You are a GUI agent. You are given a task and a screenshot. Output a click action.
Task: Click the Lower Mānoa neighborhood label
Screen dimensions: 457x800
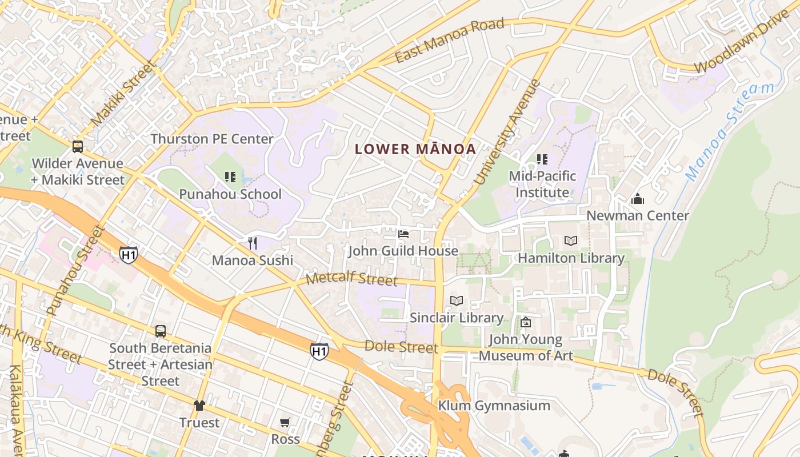(415, 150)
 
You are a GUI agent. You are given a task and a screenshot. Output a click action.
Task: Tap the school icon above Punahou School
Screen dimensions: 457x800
(230, 177)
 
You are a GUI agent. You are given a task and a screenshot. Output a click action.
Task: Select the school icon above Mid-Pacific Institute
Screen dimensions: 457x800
(542, 159)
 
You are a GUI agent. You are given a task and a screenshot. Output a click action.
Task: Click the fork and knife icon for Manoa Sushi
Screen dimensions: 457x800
(252, 243)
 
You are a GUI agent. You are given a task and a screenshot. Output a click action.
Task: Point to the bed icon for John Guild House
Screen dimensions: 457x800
(403, 234)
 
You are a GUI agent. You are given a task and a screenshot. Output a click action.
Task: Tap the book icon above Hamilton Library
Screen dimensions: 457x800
(571, 241)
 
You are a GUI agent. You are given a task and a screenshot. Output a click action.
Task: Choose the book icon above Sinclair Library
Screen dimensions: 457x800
(456, 300)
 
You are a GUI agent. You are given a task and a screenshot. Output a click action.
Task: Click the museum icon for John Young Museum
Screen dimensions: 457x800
(525, 322)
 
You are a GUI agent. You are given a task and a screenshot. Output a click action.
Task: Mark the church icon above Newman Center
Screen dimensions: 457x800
(637, 199)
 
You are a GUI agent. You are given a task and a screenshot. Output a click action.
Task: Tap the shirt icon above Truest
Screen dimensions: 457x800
(199, 406)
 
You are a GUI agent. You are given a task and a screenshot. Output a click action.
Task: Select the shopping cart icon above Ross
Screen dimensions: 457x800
(285, 422)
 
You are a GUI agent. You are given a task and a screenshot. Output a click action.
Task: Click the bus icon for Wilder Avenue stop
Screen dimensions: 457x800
(78, 146)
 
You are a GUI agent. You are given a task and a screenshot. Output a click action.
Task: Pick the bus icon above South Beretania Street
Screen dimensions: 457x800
(161, 331)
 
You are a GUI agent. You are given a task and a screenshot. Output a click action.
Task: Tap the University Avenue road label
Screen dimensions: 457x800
(507, 133)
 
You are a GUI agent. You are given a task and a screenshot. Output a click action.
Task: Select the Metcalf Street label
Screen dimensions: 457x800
(351, 279)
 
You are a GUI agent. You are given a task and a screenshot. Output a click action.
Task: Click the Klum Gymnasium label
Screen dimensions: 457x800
(494, 406)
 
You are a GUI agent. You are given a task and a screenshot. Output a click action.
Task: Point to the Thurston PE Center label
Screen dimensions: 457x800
(212, 139)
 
